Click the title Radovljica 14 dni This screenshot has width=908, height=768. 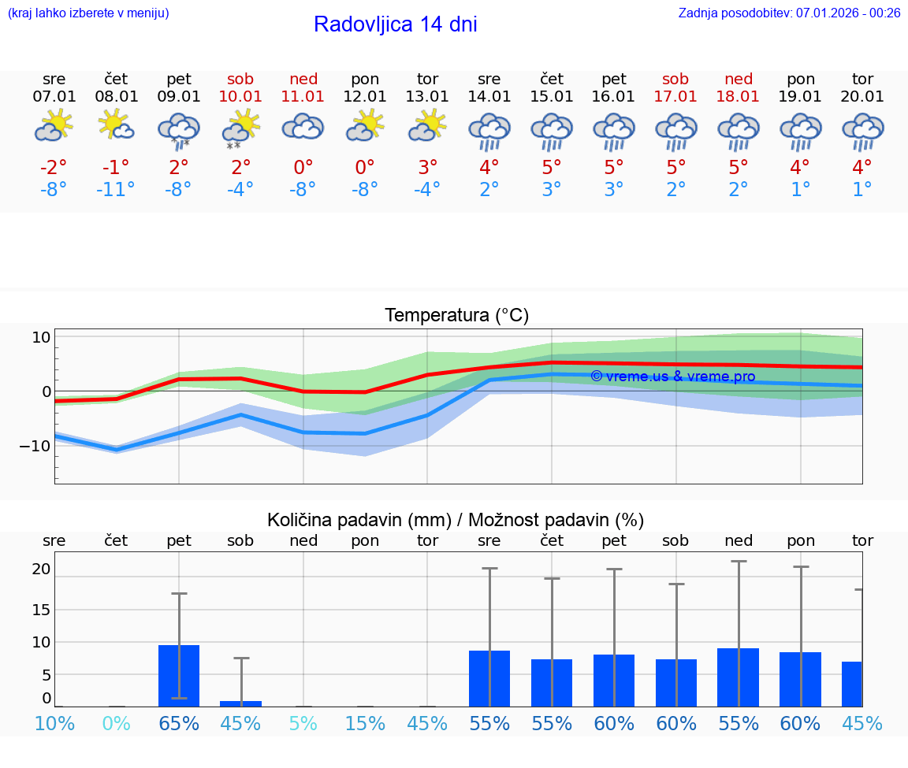pyautogui.click(x=395, y=24)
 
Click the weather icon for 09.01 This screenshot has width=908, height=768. pyautogui.click(x=179, y=129)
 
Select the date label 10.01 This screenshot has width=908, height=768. pyautogui.click(x=240, y=97)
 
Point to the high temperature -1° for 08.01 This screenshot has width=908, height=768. pyautogui.click(x=116, y=168)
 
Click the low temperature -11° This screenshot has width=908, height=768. pyautogui.click(x=116, y=190)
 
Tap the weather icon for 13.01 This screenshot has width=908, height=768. pyautogui.click(x=427, y=126)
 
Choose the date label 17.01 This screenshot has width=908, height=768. pyautogui.click(x=675, y=97)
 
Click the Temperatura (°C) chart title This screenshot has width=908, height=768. pyautogui.click(x=456, y=316)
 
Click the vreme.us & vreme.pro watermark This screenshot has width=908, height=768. pyautogui.click(x=672, y=377)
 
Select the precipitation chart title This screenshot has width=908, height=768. pyautogui.click(x=456, y=520)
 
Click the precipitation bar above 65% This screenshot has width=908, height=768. pyautogui.click(x=179, y=675)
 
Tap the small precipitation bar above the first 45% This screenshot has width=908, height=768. pyautogui.click(x=240, y=703)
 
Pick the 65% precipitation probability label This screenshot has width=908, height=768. pyautogui.click(x=179, y=723)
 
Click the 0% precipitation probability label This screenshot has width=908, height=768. pyautogui.click(x=116, y=723)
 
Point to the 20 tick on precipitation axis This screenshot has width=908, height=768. pyautogui.click(x=41, y=569)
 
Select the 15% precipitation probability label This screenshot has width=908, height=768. pyautogui.click(x=365, y=723)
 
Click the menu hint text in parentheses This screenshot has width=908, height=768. pyautogui.click(x=88, y=13)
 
